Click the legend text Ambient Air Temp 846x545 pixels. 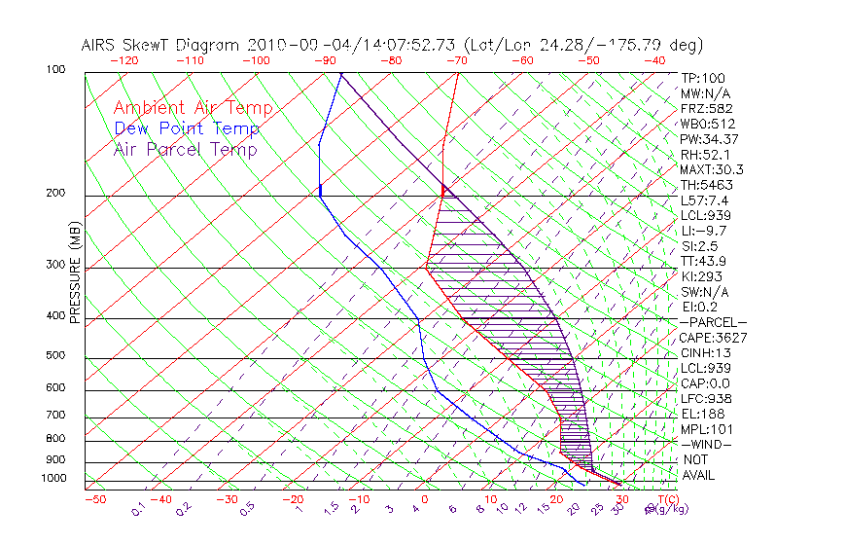[193, 108]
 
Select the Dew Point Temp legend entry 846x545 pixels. [187, 128]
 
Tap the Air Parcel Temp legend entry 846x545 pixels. [185, 149]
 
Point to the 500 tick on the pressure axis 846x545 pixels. [54, 356]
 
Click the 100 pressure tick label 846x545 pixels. [54, 70]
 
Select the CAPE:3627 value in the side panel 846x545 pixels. [713, 338]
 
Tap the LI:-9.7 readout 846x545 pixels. [704, 231]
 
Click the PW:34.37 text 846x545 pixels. [709, 139]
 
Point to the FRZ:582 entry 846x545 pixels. [706, 109]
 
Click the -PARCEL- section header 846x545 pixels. [713, 322]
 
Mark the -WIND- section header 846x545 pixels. [707, 444]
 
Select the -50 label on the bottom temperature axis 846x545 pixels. [95, 499]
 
